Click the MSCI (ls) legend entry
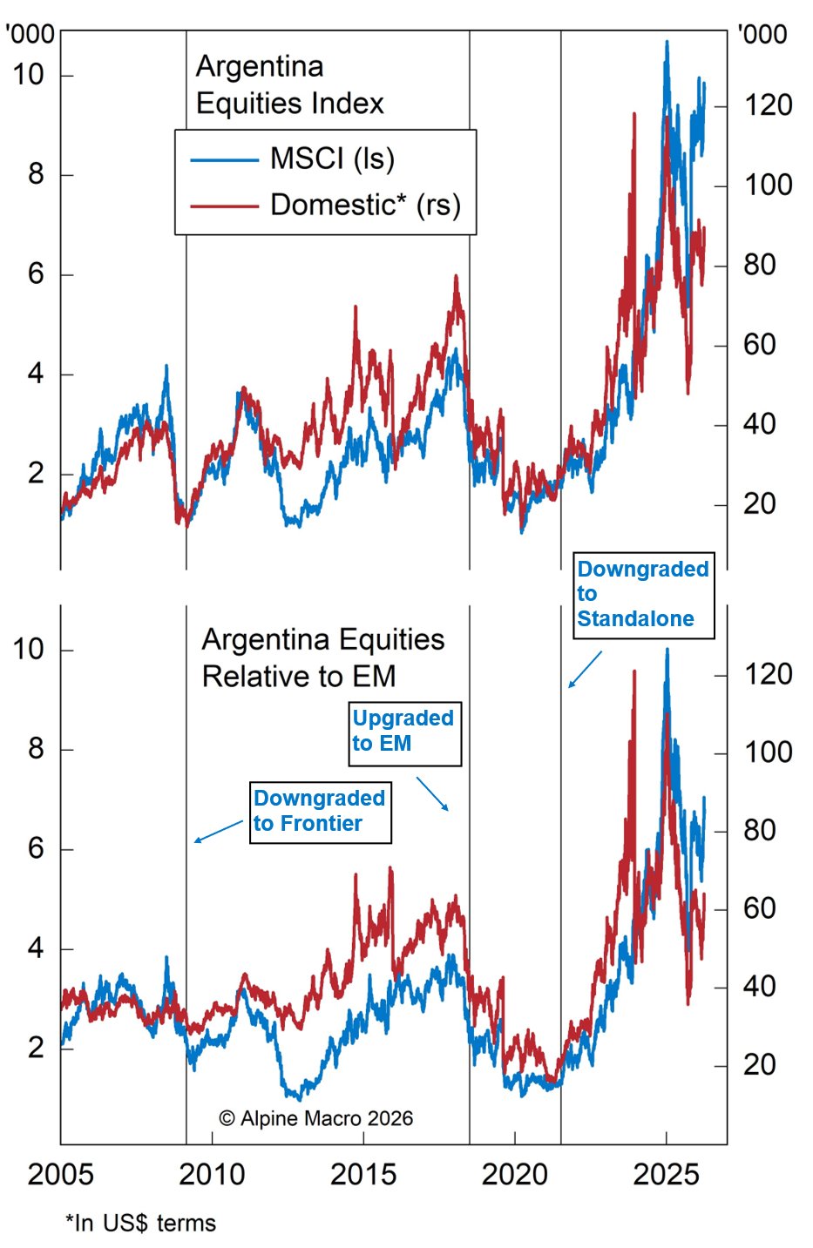[331, 159]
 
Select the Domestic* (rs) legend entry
[364, 206]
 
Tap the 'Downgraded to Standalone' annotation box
[643, 594]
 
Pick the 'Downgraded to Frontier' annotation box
[320, 811]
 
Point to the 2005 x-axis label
[60, 1174]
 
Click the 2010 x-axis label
[212, 1174]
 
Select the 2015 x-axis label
[363, 1174]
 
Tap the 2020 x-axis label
[515, 1174]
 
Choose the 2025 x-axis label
[667, 1174]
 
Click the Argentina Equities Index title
[288, 85]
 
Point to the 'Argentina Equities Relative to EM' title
[322, 658]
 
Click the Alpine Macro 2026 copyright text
[315, 1118]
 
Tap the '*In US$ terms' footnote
[140, 1223]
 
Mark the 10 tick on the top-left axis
[28, 75]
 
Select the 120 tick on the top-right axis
[767, 106]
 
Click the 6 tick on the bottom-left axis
[36, 849]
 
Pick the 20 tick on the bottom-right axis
[759, 1064]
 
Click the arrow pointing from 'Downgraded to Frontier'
[219, 831]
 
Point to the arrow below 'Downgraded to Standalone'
[586, 669]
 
